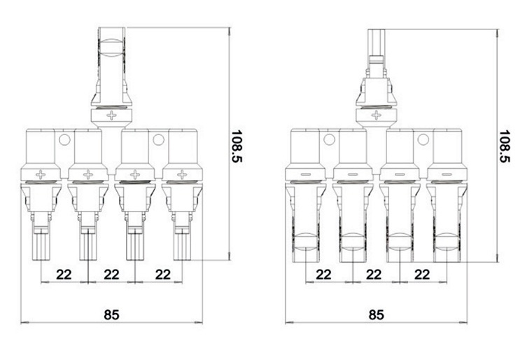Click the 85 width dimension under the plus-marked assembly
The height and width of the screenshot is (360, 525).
(x=111, y=314)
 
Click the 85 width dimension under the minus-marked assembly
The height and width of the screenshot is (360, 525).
(x=376, y=314)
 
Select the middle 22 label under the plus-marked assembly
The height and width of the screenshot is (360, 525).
(x=111, y=274)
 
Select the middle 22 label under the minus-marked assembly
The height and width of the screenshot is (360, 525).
(x=374, y=274)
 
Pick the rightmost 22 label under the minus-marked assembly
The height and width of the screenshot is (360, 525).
(x=423, y=274)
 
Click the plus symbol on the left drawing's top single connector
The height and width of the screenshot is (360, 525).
(x=113, y=115)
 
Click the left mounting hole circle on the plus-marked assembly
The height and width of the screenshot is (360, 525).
(x=64, y=141)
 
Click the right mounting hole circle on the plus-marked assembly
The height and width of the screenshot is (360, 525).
(x=158, y=141)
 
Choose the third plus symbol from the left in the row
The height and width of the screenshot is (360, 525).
(x=135, y=174)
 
